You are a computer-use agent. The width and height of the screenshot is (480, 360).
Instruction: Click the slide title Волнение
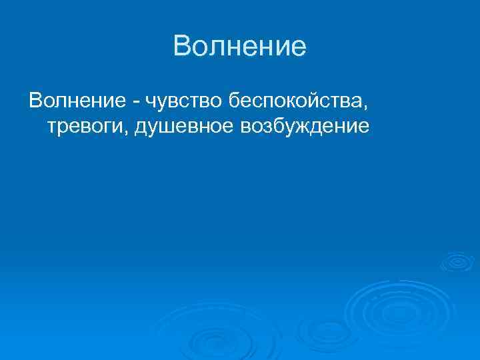coord(239,47)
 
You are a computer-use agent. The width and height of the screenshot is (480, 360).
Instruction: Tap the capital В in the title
coord(181,47)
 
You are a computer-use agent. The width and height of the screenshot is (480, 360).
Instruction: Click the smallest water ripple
coord(455,261)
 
